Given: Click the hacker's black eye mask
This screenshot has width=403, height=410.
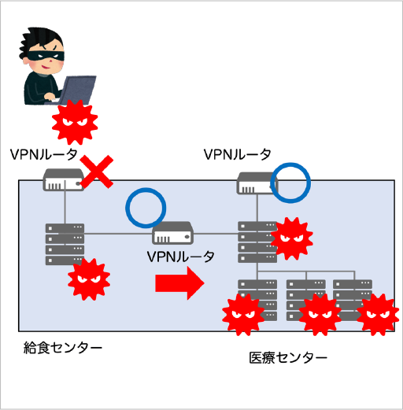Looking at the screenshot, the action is [46, 56].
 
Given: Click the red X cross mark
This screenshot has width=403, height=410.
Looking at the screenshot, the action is [97, 172].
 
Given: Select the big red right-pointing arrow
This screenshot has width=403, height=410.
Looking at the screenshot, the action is [179, 283].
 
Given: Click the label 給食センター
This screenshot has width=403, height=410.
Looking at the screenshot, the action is [63, 348].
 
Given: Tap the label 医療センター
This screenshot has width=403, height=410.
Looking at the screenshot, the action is [288, 358].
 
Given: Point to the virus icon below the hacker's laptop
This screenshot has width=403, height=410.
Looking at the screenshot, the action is [75, 122].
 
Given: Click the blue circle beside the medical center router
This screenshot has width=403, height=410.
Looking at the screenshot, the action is [290, 183].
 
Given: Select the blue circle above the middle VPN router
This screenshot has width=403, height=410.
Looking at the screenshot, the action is [146, 208].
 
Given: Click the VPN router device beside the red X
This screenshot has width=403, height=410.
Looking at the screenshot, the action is [64, 179].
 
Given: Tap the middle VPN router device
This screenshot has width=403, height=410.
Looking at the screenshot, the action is [173, 233].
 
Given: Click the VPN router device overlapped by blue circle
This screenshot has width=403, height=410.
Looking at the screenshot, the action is [257, 183].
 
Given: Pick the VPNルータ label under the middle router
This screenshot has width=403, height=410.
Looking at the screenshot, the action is [181, 257].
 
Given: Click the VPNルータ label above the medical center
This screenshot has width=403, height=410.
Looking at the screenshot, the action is [238, 154].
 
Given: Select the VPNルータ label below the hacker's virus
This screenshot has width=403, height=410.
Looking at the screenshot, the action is [44, 154].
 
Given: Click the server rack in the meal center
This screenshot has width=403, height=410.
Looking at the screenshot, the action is [65, 244].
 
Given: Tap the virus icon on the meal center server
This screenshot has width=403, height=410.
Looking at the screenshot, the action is [89, 279].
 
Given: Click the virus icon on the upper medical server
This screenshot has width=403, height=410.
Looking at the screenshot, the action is [292, 238].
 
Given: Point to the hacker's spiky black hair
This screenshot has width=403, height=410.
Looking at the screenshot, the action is [41, 39].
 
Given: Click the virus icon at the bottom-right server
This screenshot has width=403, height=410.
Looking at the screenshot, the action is [379, 315].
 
